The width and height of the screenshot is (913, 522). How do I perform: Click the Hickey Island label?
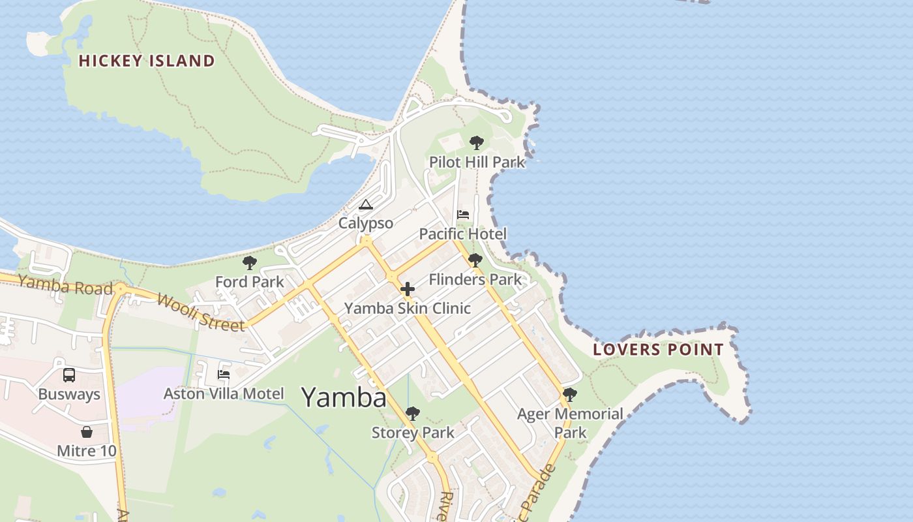pyautogui.click(x=147, y=61)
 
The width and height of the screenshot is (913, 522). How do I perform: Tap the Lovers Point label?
pyautogui.click(x=658, y=349)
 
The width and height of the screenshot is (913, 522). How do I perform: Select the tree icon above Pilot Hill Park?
pyautogui.click(x=477, y=143)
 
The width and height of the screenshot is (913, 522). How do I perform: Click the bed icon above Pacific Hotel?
pyautogui.click(x=463, y=215)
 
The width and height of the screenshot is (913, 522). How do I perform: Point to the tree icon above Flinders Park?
pyautogui.click(x=475, y=260)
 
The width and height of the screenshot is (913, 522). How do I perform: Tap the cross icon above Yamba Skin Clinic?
pyautogui.click(x=408, y=289)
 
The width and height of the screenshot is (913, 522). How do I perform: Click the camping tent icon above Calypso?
pyautogui.click(x=366, y=205)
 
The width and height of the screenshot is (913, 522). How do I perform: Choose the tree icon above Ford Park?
pyautogui.click(x=249, y=263)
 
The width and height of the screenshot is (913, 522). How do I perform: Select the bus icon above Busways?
pyautogui.click(x=69, y=375)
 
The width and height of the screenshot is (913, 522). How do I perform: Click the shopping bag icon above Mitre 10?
pyautogui.click(x=86, y=432)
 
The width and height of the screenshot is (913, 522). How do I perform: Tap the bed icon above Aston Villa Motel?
pyautogui.click(x=224, y=375)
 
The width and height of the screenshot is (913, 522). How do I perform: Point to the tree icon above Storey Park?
pyautogui.click(x=412, y=414)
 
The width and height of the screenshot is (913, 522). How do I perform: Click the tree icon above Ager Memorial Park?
pyautogui.click(x=570, y=395)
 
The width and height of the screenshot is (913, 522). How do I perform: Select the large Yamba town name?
pyautogui.click(x=344, y=397)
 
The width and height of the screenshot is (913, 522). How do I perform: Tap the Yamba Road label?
pyautogui.click(x=65, y=284)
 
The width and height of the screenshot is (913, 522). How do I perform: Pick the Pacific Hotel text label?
pyautogui.click(x=462, y=234)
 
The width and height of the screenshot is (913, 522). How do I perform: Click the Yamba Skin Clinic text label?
pyautogui.click(x=407, y=308)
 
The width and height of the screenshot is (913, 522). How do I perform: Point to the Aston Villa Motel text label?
pyautogui.click(x=224, y=393)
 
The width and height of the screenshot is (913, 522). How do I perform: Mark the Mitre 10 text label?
pyautogui.click(x=87, y=451)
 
